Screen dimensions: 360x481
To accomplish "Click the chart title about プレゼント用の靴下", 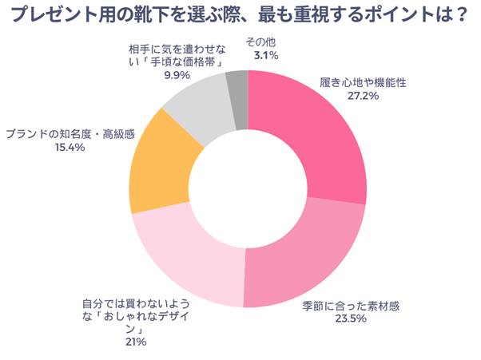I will click(x=240, y=17).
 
